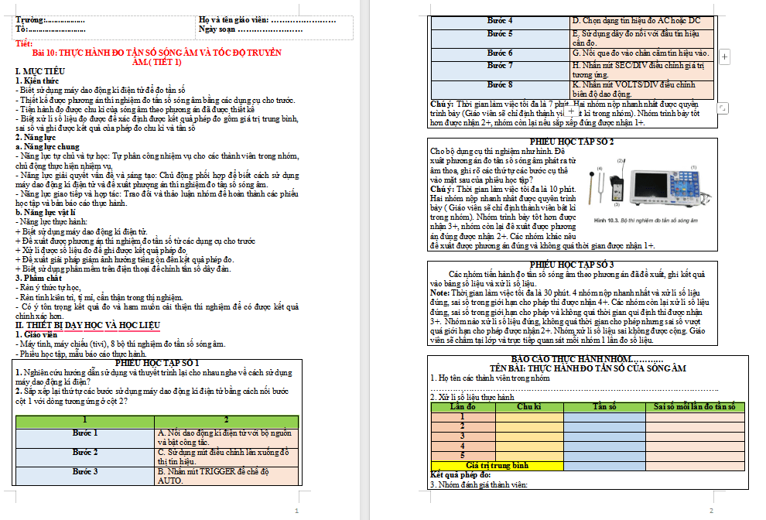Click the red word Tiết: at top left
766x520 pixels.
point(24,43)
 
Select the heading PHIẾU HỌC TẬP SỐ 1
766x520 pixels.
point(157,362)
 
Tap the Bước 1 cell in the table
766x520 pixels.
point(85,433)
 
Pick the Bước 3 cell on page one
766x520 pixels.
point(85,471)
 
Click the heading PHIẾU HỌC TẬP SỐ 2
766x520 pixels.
point(573,142)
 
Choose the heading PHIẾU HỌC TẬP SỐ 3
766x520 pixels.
point(573,265)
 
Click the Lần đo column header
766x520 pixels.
point(462,406)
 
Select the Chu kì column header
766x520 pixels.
point(528,406)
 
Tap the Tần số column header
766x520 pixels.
point(604,406)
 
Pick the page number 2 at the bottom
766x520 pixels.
point(711,511)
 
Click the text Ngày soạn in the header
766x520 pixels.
point(218,29)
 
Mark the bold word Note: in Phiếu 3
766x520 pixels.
point(440,292)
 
